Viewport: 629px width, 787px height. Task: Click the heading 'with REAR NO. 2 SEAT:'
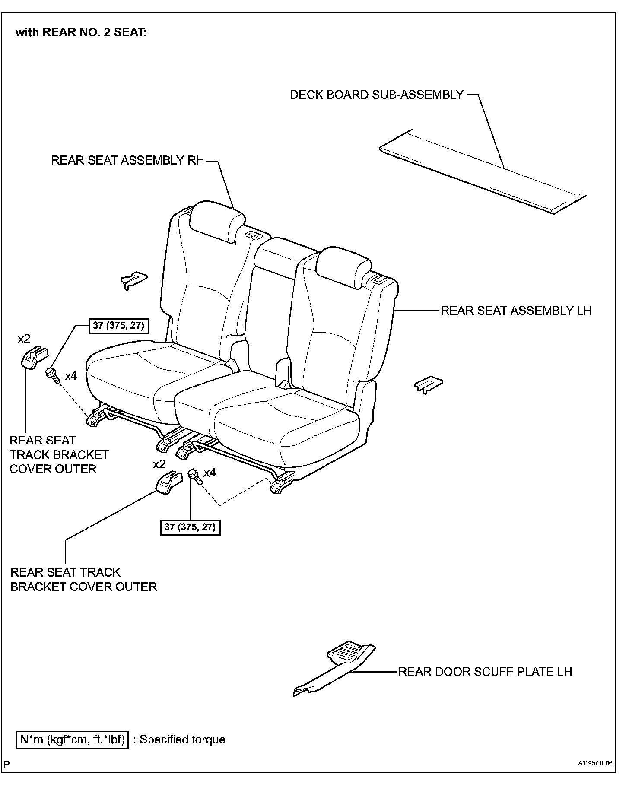[81, 33]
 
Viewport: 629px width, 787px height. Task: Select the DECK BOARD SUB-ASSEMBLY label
[376, 95]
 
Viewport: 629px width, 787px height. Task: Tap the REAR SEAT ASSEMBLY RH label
[127, 160]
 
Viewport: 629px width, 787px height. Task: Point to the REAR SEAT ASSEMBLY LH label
[516, 311]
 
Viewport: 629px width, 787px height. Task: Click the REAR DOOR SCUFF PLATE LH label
[485, 672]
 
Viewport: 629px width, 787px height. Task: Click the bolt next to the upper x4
[52, 374]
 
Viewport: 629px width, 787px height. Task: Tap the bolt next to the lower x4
[195, 476]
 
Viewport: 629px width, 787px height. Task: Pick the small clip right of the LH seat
[428, 384]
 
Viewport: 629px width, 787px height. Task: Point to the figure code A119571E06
[595, 763]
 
